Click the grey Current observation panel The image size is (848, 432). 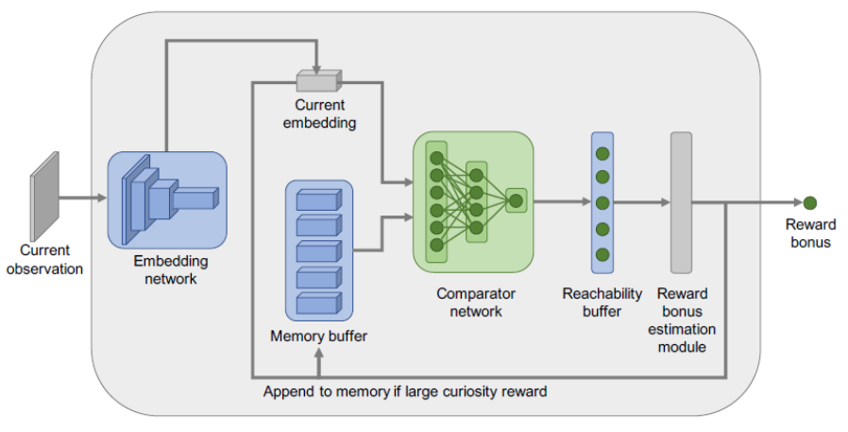[x=43, y=194]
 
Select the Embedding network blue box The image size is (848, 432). [x=167, y=198]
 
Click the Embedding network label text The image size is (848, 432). [x=170, y=270]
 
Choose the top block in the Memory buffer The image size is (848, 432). [x=319, y=200]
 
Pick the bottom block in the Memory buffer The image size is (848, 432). [x=319, y=302]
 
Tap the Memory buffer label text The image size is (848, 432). [x=318, y=336]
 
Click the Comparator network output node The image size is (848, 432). [x=516, y=200]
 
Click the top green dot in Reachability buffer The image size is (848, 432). [x=602, y=152]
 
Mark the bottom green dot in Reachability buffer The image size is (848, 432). [x=602, y=253]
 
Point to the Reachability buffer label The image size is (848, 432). [x=602, y=302]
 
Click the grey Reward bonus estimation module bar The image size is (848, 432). [x=681, y=202]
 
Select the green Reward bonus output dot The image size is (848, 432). [x=809, y=201]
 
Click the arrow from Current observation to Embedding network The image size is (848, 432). [x=83, y=199]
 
